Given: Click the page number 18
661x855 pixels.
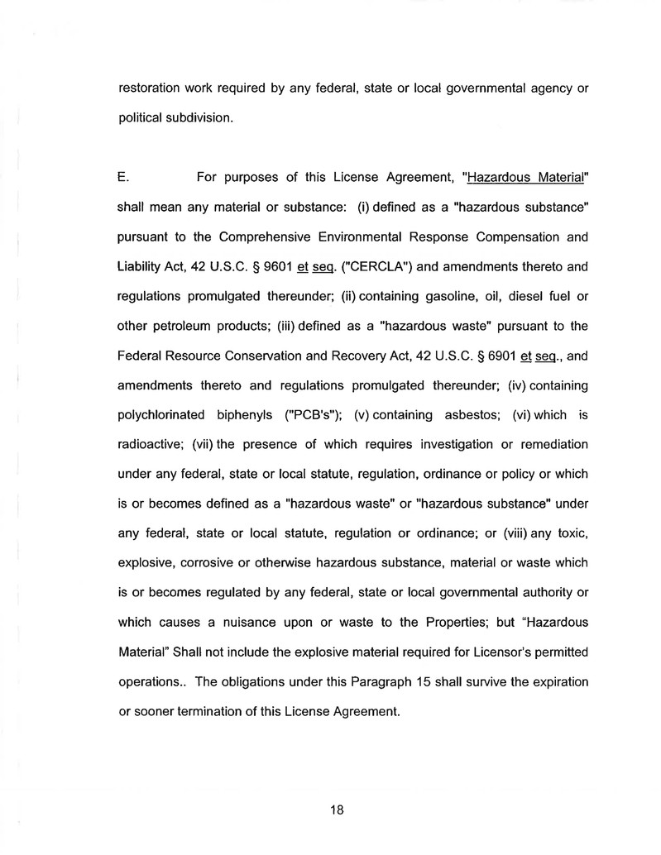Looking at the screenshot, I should [336, 810].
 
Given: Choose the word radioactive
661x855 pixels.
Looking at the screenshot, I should [152, 445].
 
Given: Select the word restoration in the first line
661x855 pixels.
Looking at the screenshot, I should [152, 88].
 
